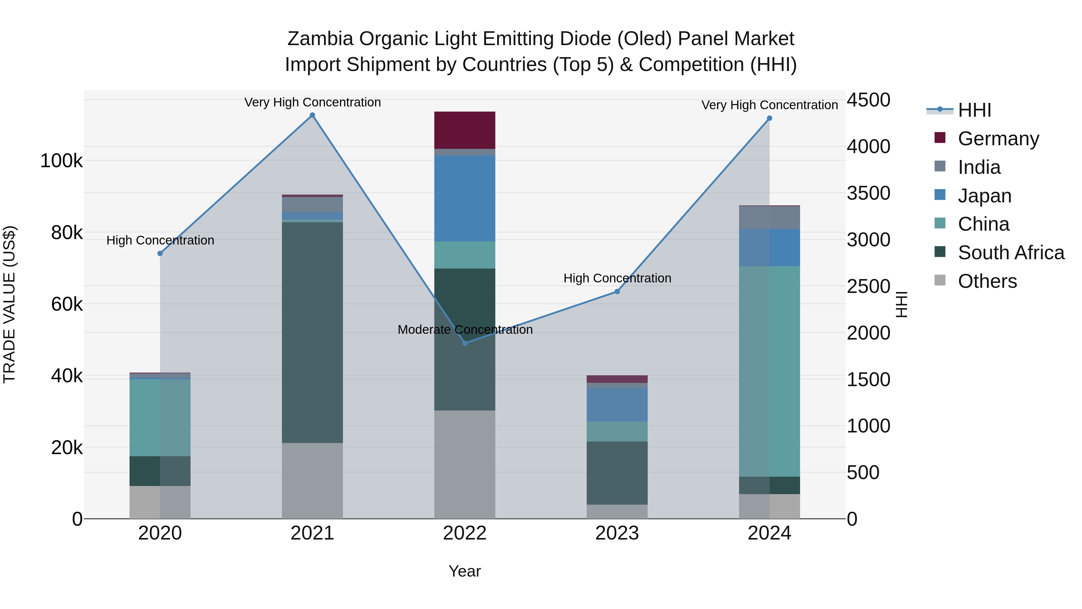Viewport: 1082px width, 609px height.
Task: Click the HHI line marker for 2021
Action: [x=312, y=115]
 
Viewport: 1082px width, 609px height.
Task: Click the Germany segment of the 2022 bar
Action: [x=465, y=130]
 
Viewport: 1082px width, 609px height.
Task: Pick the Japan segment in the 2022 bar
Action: [x=465, y=198]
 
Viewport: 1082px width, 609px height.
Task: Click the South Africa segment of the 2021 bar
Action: [x=312, y=332]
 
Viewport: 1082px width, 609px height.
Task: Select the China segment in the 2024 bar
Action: [x=769, y=371]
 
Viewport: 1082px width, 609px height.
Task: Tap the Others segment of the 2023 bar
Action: [x=617, y=512]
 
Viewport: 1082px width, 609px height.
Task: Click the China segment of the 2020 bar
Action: [x=160, y=417]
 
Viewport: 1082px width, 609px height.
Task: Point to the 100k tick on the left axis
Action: [x=61, y=161]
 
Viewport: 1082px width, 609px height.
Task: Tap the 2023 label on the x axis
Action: [x=617, y=533]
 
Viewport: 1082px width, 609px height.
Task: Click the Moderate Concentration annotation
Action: [x=465, y=330]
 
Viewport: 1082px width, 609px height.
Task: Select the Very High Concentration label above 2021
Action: [x=312, y=103]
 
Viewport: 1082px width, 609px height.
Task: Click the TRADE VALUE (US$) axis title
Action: [x=9, y=304]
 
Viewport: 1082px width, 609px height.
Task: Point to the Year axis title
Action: [x=465, y=571]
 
